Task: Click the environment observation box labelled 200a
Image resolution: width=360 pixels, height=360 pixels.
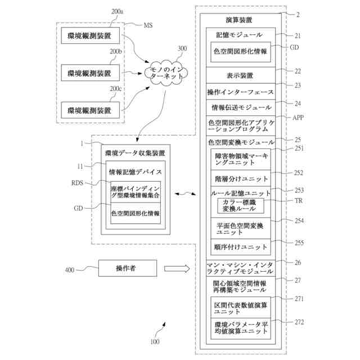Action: tap(90, 35)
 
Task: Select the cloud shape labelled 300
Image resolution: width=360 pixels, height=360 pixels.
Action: tap(166, 73)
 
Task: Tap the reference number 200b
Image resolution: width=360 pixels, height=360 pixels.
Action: tap(115, 52)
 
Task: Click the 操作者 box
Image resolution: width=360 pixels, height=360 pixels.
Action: tap(128, 268)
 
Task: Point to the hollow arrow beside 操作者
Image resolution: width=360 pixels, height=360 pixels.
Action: tap(177, 268)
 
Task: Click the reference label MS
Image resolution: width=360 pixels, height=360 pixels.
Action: tap(148, 25)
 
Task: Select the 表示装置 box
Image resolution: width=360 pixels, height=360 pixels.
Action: tap(241, 75)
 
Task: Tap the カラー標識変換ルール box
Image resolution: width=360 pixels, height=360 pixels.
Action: tap(241, 206)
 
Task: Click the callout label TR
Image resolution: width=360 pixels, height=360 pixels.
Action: tap(299, 201)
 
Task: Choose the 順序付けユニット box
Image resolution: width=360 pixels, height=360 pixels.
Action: tap(241, 247)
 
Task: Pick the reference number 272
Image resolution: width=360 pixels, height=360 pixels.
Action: tap(299, 322)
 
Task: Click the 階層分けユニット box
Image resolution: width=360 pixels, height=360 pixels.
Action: tap(241, 178)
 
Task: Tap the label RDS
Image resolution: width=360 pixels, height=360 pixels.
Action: tap(77, 183)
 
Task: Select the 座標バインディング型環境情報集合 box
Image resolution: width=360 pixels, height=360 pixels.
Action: tap(136, 192)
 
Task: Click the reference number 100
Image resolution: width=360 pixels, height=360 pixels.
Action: tap(155, 341)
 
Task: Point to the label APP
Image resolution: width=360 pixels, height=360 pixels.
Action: tap(298, 118)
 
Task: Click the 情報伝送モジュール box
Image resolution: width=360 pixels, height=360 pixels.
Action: tap(241, 107)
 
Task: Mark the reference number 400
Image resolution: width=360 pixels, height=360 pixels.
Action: tap(70, 270)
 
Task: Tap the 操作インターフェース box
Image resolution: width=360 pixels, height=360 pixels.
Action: tap(241, 92)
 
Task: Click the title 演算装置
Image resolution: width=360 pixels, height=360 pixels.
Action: tap(239, 20)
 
